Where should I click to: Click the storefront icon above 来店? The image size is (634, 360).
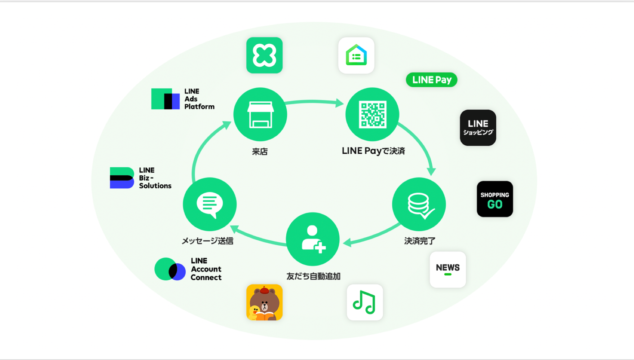point(260,114)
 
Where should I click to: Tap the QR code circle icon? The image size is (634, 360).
point(372,114)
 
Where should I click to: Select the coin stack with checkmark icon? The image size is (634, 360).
point(419,204)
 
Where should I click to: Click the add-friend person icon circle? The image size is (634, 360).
point(313,239)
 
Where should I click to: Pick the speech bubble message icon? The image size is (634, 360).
point(210,204)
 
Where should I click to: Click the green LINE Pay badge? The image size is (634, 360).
point(431,80)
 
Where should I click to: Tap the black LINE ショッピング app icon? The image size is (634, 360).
point(478,128)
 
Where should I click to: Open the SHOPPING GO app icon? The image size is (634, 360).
point(494,199)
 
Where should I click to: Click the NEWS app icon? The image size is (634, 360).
point(448,269)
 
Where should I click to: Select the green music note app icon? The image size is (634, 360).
point(365,302)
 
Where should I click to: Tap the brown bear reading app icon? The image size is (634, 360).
point(264,302)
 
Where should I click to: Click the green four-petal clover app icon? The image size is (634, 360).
point(264,55)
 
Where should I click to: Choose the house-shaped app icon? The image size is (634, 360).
point(356,55)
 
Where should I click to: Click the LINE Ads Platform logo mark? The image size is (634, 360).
point(165,99)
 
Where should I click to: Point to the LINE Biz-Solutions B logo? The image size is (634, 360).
point(122,178)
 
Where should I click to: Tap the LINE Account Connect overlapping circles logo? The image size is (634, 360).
point(170,269)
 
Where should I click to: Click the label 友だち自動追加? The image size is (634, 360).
point(313,276)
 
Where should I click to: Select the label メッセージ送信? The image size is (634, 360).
point(207,241)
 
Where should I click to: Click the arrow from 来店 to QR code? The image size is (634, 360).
point(314,102)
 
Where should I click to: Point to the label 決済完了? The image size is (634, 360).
point(419,241)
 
